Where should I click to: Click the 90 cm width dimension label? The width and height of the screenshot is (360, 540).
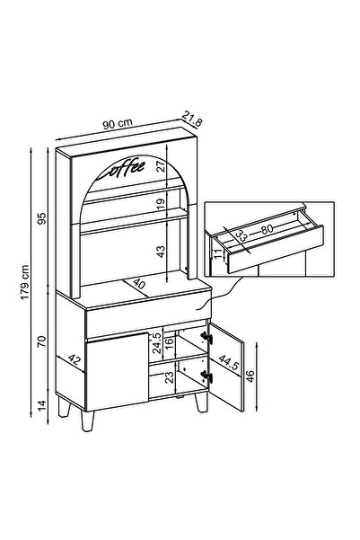click(x=118, y=124)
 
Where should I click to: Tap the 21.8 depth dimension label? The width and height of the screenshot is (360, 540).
click(x=192, y=119)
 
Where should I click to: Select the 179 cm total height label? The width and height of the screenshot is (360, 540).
click(x=25, y=282)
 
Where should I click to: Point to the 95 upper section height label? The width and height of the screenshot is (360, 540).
click(x=41, y=218)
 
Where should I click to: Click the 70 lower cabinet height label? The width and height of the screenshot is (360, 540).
click(x=41, y=341)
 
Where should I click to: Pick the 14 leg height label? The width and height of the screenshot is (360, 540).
click(x=41, y=405)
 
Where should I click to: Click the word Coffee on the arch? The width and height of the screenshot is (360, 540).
click(x=121, y=169)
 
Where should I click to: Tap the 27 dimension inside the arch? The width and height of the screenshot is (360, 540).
click(x=161, y=166)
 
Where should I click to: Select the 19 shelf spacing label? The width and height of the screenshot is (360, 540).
click(x=161, y=204)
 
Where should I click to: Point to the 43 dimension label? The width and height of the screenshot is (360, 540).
click(x=161, y=252)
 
